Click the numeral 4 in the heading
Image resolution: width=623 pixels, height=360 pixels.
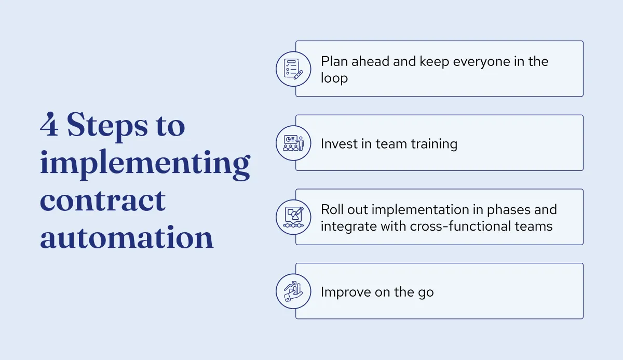(49, 126)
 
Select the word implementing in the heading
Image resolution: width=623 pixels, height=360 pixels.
(145, 164)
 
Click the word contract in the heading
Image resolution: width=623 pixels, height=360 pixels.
(103, 200)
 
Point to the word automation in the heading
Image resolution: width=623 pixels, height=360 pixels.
(127, 237)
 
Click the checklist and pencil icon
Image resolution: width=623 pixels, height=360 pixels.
(293, 69)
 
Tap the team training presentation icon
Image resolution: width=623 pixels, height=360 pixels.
(293, 142)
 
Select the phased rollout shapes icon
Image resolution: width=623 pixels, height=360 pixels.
(293, 217)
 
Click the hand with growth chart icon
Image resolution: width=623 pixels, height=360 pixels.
(293, 291)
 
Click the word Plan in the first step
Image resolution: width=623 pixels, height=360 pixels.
(334, 61)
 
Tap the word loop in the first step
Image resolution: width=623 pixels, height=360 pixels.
(334, 78)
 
